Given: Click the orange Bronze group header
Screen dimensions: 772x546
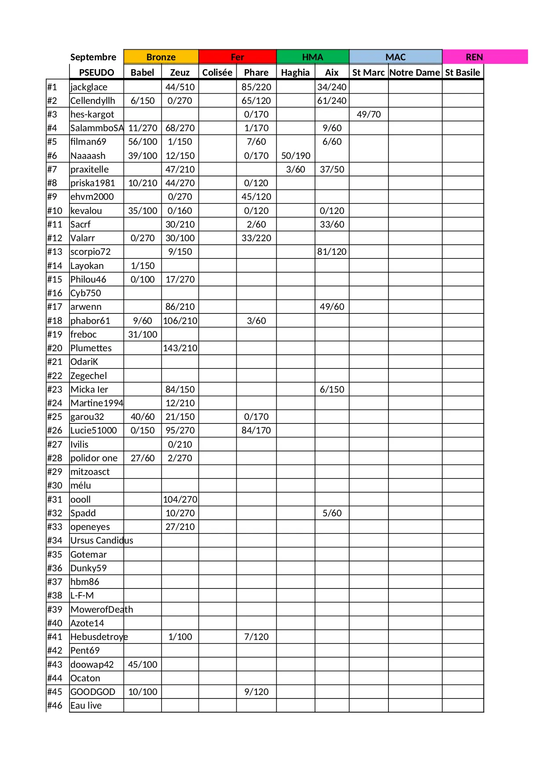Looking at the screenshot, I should click(161, 57).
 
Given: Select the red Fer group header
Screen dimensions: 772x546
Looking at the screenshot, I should click(238, 57).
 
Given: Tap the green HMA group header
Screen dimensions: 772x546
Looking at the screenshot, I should click(312, 57).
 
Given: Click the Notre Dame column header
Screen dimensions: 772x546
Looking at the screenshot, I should click(415, 72).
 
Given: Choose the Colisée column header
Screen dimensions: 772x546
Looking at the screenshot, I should click(217, 72).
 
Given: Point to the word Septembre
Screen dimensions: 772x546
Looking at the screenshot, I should click(93, 57).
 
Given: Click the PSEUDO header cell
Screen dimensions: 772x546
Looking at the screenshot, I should click(96, 72).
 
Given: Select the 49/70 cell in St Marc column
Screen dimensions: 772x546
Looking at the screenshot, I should click(369, 114).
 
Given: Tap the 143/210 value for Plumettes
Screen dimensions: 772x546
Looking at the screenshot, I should click(180, 348).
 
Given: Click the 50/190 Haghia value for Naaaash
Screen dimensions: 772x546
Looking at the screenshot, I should click(296, 156).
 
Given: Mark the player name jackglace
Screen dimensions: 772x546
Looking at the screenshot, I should click(89, 87).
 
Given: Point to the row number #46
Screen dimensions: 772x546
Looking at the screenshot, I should click(55, 706).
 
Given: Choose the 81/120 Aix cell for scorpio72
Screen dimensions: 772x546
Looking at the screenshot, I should click(332, 252).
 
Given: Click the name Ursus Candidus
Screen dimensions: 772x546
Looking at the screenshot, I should click(102, 540).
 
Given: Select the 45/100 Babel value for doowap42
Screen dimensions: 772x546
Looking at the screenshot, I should click(143, 665).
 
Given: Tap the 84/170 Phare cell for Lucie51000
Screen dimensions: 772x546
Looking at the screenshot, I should click(256, 430).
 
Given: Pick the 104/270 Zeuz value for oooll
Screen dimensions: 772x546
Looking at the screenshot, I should click(180, 500).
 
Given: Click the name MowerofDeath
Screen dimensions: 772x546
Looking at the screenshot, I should click(102, 610).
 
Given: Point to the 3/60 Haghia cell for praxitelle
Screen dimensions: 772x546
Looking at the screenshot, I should click(296, 169).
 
